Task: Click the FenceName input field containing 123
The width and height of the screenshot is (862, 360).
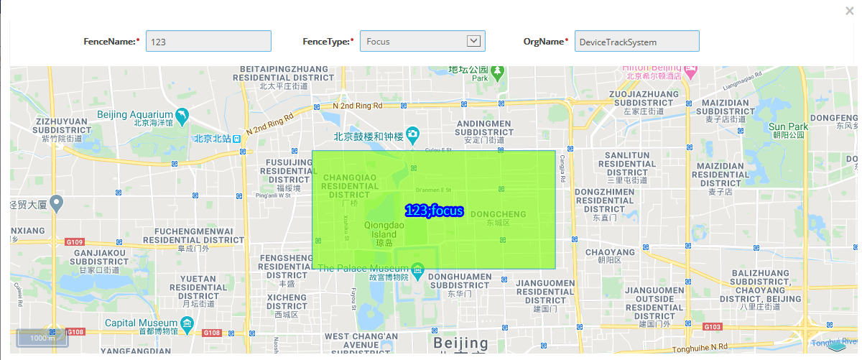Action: point(208,42)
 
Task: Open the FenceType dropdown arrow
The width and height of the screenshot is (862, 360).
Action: point(473,41)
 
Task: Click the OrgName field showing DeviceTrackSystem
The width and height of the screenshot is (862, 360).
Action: point(637,42)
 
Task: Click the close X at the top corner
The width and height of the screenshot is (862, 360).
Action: point(850,11)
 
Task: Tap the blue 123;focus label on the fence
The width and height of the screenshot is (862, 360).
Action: point(434,211)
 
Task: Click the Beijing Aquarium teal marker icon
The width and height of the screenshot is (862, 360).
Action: point(182,115)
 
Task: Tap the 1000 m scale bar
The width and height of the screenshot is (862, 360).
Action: point(42,338)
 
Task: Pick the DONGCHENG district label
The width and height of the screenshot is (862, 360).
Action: point(498,214)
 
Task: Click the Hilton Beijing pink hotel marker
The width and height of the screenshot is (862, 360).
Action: point(691,73)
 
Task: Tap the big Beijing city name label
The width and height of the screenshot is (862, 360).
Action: point(460,342)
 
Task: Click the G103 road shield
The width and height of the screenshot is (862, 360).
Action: point(712,327)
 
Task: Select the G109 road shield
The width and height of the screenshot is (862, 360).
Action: point(75,242)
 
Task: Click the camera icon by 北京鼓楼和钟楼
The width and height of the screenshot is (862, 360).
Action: point(412,134)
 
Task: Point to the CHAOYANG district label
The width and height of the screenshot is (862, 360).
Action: point(609,252)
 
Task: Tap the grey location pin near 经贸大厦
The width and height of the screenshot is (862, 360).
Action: point(55,203)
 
